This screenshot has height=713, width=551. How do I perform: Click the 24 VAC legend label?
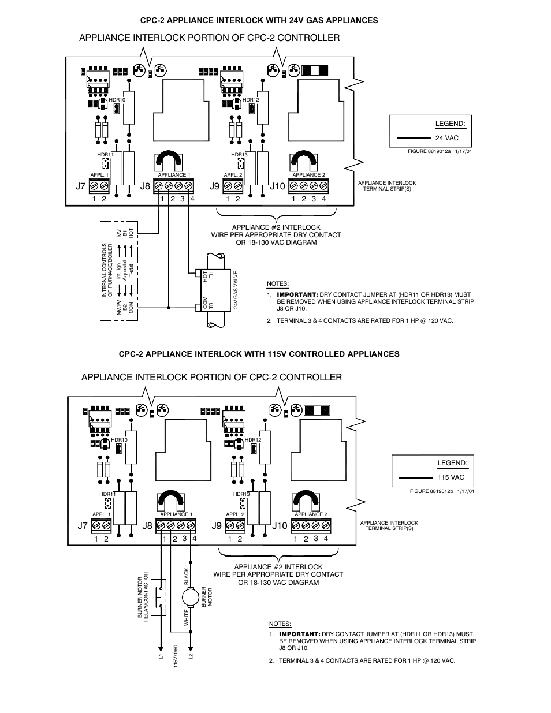point(446,138)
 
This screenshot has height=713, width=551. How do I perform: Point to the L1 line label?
point(162,656)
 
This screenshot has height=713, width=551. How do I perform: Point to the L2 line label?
point(191,656)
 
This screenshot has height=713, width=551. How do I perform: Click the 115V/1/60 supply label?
point(176,656)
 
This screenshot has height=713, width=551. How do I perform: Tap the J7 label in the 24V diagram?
point(80,186)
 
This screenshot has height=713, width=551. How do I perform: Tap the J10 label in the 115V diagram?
point(280,525)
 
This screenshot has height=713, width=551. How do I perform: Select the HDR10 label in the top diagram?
point(117,100)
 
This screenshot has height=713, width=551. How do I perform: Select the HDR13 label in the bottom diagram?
point(241,494)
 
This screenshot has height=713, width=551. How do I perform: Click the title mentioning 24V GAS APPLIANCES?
point(259,20)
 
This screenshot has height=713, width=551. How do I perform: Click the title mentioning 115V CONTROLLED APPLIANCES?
point(259,354)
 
